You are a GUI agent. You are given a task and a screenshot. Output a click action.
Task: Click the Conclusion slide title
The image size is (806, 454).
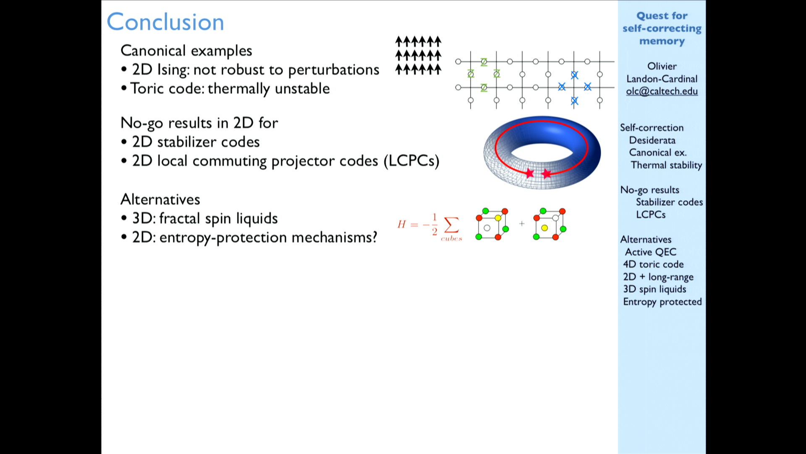tap(165, 22)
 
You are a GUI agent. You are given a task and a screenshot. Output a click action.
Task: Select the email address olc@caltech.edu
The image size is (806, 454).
tap(662, 91)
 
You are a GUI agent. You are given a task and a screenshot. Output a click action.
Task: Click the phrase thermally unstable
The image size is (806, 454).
tap(269, 89)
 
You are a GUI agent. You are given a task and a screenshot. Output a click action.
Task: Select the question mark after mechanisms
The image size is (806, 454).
tap(374, 237)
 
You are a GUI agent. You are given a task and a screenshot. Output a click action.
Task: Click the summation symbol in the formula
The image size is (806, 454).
tap(451, 224)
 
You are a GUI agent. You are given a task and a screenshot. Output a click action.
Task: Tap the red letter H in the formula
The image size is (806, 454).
tap(401, 224)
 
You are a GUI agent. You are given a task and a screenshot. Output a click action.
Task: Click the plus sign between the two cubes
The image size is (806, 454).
tap(522, 224)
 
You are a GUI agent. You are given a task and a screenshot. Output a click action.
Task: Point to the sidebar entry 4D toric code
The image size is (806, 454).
tap(653, 264)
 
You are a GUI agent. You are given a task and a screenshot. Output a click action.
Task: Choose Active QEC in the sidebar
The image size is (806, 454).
tap(651, 252)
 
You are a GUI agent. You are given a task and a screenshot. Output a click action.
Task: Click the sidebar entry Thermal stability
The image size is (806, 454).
tap(666, 165)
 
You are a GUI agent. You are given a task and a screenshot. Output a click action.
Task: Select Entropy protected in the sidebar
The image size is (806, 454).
tap(662, 302)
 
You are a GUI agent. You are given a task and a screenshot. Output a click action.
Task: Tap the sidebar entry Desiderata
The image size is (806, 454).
tap(652, 140)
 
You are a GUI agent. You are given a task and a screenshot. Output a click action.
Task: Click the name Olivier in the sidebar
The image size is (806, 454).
tap(662, 66)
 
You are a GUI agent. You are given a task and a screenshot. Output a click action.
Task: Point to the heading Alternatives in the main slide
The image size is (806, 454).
tap(160, 199)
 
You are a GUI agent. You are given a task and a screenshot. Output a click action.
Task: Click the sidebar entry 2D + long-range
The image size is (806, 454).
tap(658, 277)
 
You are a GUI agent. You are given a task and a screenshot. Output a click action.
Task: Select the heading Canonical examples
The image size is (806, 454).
tap(186, 51)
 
